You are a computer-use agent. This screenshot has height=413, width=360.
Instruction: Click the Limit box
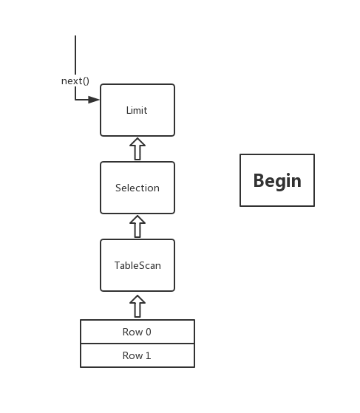coord(137,110)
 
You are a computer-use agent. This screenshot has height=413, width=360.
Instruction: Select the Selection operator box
coord(137,188)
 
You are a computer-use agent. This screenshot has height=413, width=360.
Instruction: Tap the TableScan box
coord(137,265)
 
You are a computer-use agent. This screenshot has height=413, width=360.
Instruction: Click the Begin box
coord(277,180)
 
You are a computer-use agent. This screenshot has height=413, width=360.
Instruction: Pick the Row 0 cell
coord(137,332)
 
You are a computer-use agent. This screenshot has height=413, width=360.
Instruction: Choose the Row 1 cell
coord(137,355)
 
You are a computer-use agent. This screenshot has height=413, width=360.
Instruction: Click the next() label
coord(75,81)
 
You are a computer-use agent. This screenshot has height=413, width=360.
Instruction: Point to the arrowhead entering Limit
coord(94,100)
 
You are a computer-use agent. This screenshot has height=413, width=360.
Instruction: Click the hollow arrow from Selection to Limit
coord(137,149)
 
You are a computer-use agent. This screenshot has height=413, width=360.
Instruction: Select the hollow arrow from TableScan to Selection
coord(137,227)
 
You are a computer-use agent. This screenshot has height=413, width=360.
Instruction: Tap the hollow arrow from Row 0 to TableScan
coord(137,306)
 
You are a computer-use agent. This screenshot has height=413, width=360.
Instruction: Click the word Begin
coord(277,181)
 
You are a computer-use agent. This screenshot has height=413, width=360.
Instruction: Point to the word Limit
coord(137,110)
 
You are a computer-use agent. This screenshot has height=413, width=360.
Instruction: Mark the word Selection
coord(137,188)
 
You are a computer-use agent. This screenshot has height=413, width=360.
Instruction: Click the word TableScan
coord(137,265)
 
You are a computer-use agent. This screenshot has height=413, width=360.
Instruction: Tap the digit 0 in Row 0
coord(149,332)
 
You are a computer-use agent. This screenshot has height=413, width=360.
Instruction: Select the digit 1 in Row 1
coord(148,355)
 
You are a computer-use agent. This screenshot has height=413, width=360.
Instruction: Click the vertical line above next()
coord(75,55)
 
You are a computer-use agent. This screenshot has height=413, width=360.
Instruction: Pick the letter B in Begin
coord(259,181)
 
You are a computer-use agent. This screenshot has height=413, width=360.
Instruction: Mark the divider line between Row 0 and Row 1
coord(137,344)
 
